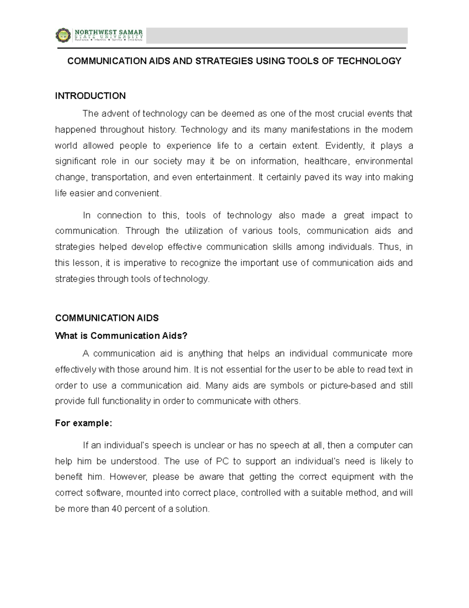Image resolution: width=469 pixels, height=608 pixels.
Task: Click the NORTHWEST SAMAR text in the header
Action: (x=109, y=32)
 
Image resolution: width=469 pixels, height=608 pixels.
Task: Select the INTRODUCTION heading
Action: (x=90, y=96)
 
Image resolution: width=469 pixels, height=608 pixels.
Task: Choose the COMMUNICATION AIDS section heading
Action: (x=107, y=318)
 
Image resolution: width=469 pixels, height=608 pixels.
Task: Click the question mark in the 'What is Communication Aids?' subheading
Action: (x=185, y=336)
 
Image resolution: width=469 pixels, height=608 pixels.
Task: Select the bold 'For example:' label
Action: (x=84, y=423)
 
